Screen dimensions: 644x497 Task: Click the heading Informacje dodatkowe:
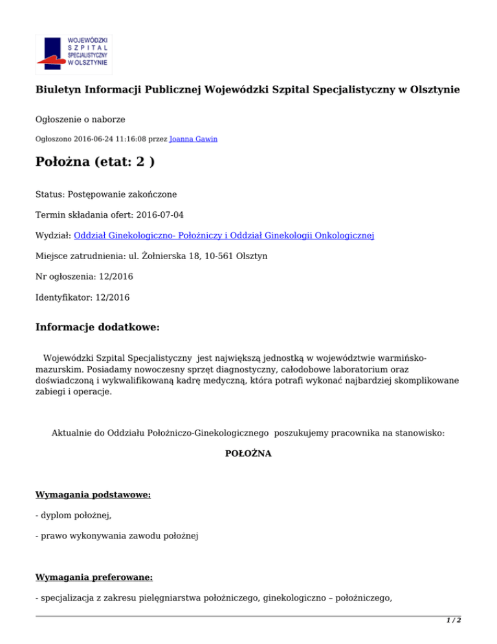pos(97,327)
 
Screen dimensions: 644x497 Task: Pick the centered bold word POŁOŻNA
pos(248,454)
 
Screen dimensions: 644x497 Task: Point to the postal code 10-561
pos(214,256)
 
